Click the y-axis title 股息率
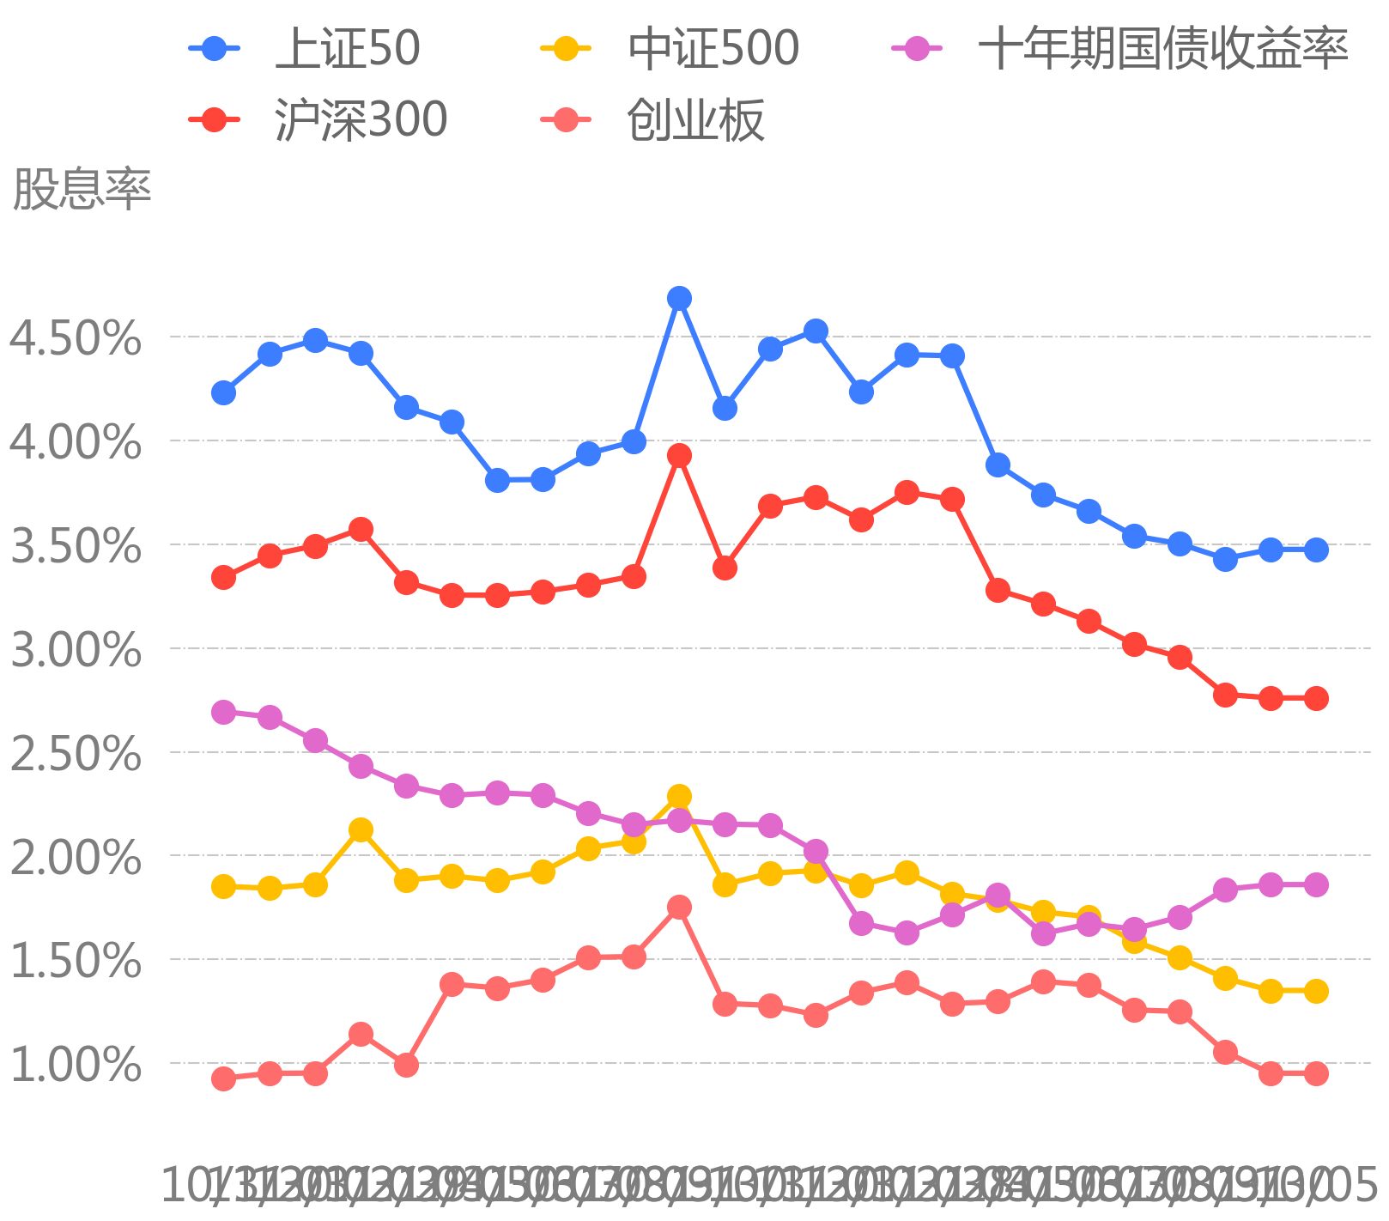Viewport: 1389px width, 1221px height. coord(82,189)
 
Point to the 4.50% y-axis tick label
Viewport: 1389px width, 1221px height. coord(76,337)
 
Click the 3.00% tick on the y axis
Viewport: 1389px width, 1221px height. coord(76,649)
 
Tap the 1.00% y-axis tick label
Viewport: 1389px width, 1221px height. coord(76,1064)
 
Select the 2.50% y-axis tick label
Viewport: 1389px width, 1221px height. coord(76,753)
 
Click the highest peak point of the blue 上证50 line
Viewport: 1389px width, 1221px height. coord(679,298)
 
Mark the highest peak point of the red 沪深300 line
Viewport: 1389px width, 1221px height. coord(679,455)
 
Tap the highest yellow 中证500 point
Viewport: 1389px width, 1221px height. coord(679,796)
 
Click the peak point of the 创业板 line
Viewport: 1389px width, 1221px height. coord(679,907)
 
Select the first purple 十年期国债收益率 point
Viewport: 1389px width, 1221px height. coord(224,712)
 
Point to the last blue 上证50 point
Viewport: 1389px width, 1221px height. coord(1316,550)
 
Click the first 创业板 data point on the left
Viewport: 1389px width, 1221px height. coord(224,1078)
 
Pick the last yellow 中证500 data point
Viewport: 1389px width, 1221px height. coord(1316,991)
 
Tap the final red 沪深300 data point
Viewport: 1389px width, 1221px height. coord(1316,698)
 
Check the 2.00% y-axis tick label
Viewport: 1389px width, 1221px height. coord(76,857)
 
